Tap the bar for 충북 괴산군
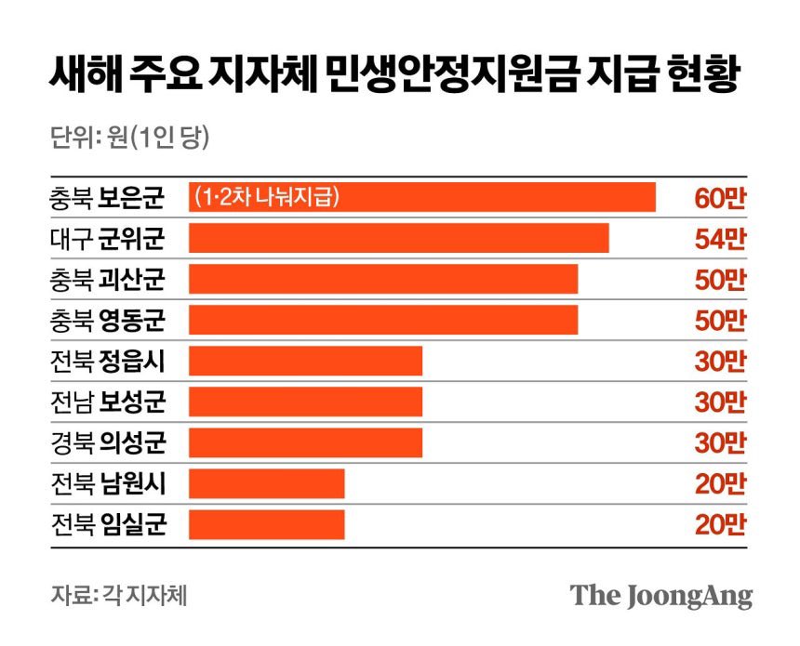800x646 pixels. pos(383,279)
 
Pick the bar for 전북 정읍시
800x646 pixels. pos(305,361)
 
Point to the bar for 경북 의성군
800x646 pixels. pos(305,442)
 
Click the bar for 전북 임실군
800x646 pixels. pos(266,524)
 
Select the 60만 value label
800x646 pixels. pos(720,197)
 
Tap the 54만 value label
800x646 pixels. pos(720,238)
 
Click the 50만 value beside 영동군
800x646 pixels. pos(720,320)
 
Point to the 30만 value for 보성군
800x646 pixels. pos(720,402)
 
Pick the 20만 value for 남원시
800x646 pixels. pos(720,483)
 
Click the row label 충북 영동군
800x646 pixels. pos(108,320)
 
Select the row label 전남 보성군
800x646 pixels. pos(108,402)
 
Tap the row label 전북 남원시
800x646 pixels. pos(108,483)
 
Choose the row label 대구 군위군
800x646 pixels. pos(108,238)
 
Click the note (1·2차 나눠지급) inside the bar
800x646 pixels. pos(267,197)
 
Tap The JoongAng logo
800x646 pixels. pos(660,595)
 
